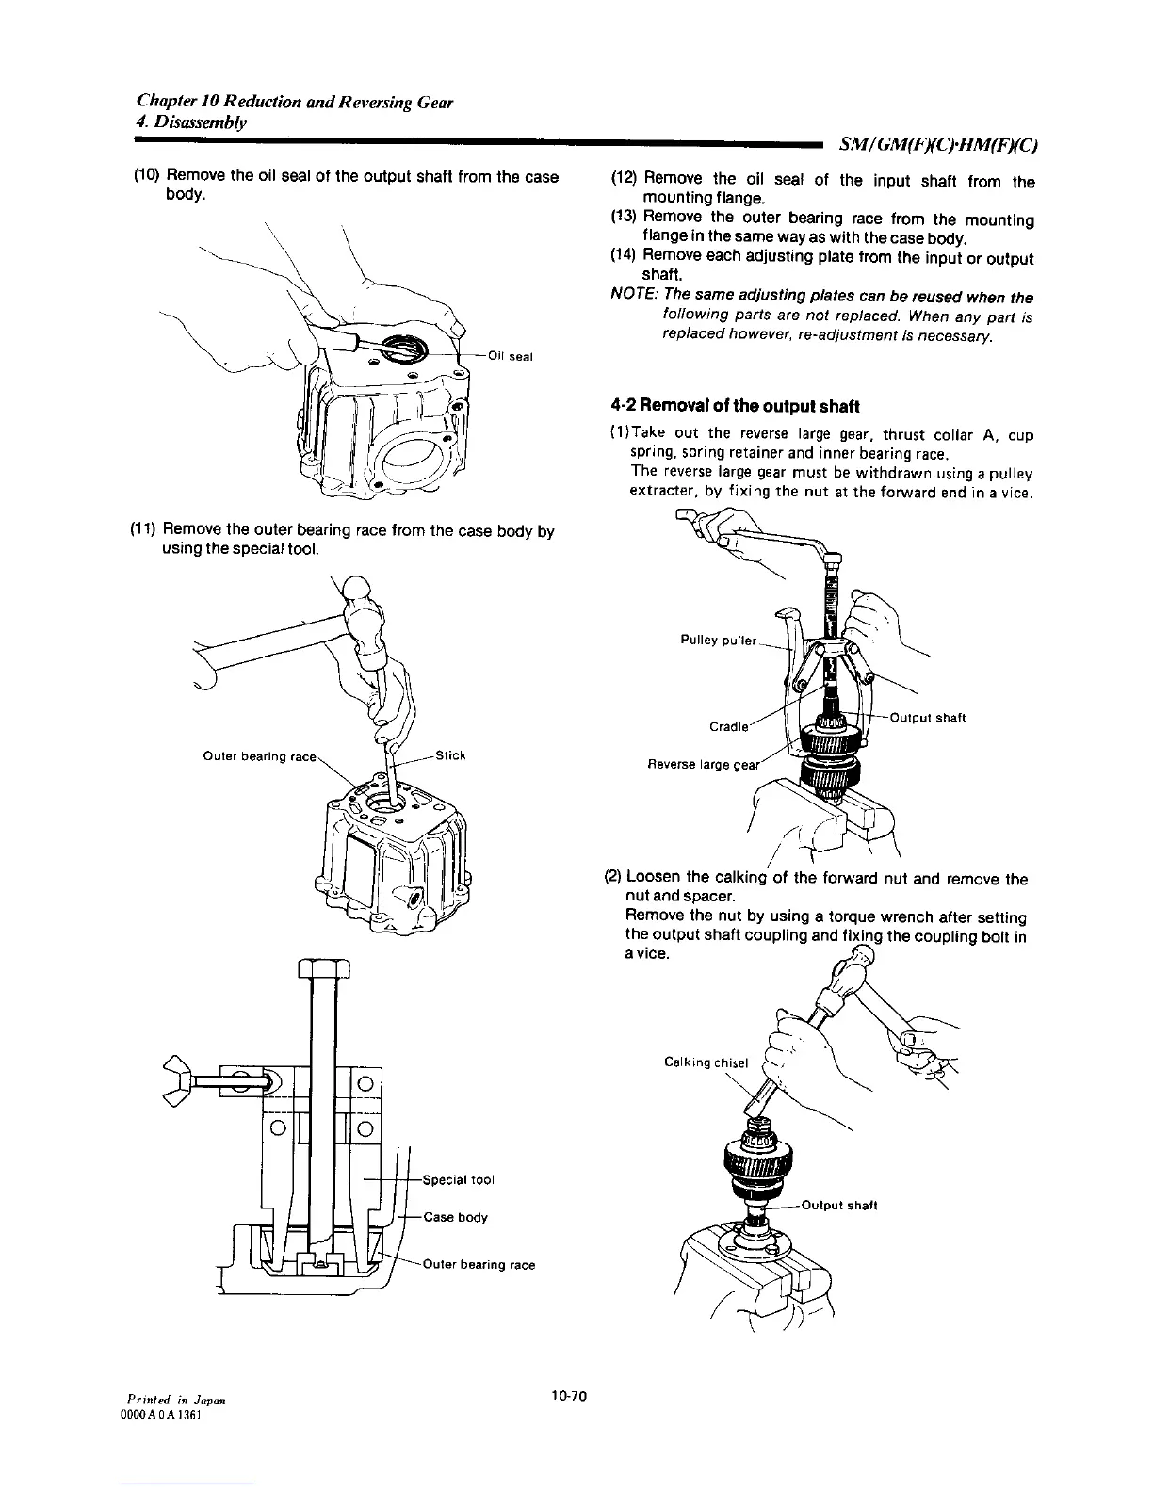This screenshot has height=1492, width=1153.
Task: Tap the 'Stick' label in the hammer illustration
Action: click(452, 755)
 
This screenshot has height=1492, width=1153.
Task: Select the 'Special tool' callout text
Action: click(460, 1179)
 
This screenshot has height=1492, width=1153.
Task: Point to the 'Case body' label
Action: click(456, 1217)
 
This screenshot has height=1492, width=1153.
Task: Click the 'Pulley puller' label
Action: click(719, 641)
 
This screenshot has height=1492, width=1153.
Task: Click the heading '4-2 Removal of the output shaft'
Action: click(735, 407)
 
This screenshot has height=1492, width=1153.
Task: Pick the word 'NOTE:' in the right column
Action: click(633, 298)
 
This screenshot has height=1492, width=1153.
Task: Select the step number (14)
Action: click(625, 258)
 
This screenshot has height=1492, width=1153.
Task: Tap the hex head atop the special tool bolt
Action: click(322, 968)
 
